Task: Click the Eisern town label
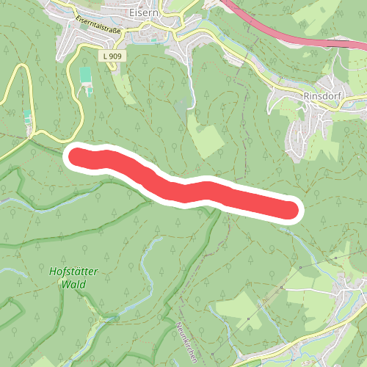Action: click(x=139, y=12)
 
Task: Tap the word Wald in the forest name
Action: click(x=75, y=284)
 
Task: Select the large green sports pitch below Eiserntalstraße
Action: click(x=86, y=75)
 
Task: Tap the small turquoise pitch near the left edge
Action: click(x=27, y=116)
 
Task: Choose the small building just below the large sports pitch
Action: click(x=90, y=91)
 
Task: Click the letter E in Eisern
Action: click(x=128, y=12)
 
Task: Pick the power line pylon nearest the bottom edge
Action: click(x=249, y=320)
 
